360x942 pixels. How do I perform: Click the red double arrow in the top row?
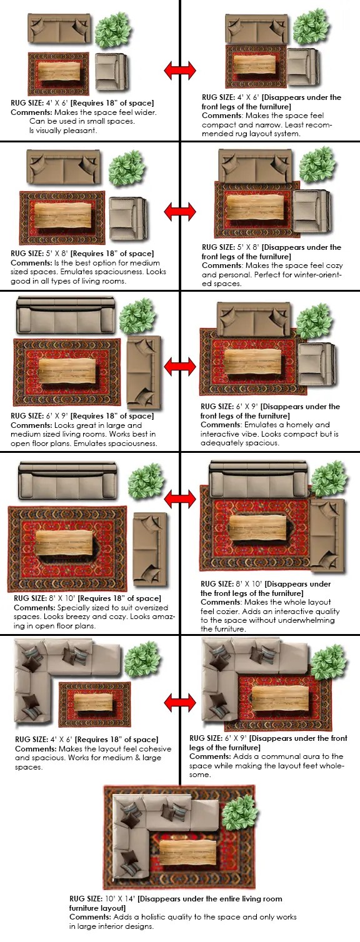pos(180,70)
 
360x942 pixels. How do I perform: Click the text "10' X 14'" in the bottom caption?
pos(120,899)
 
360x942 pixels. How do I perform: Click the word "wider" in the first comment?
pos(146,112)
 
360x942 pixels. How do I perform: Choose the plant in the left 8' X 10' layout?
pos(146,482)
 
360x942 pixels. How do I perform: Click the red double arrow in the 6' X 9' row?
pos(180,367)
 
